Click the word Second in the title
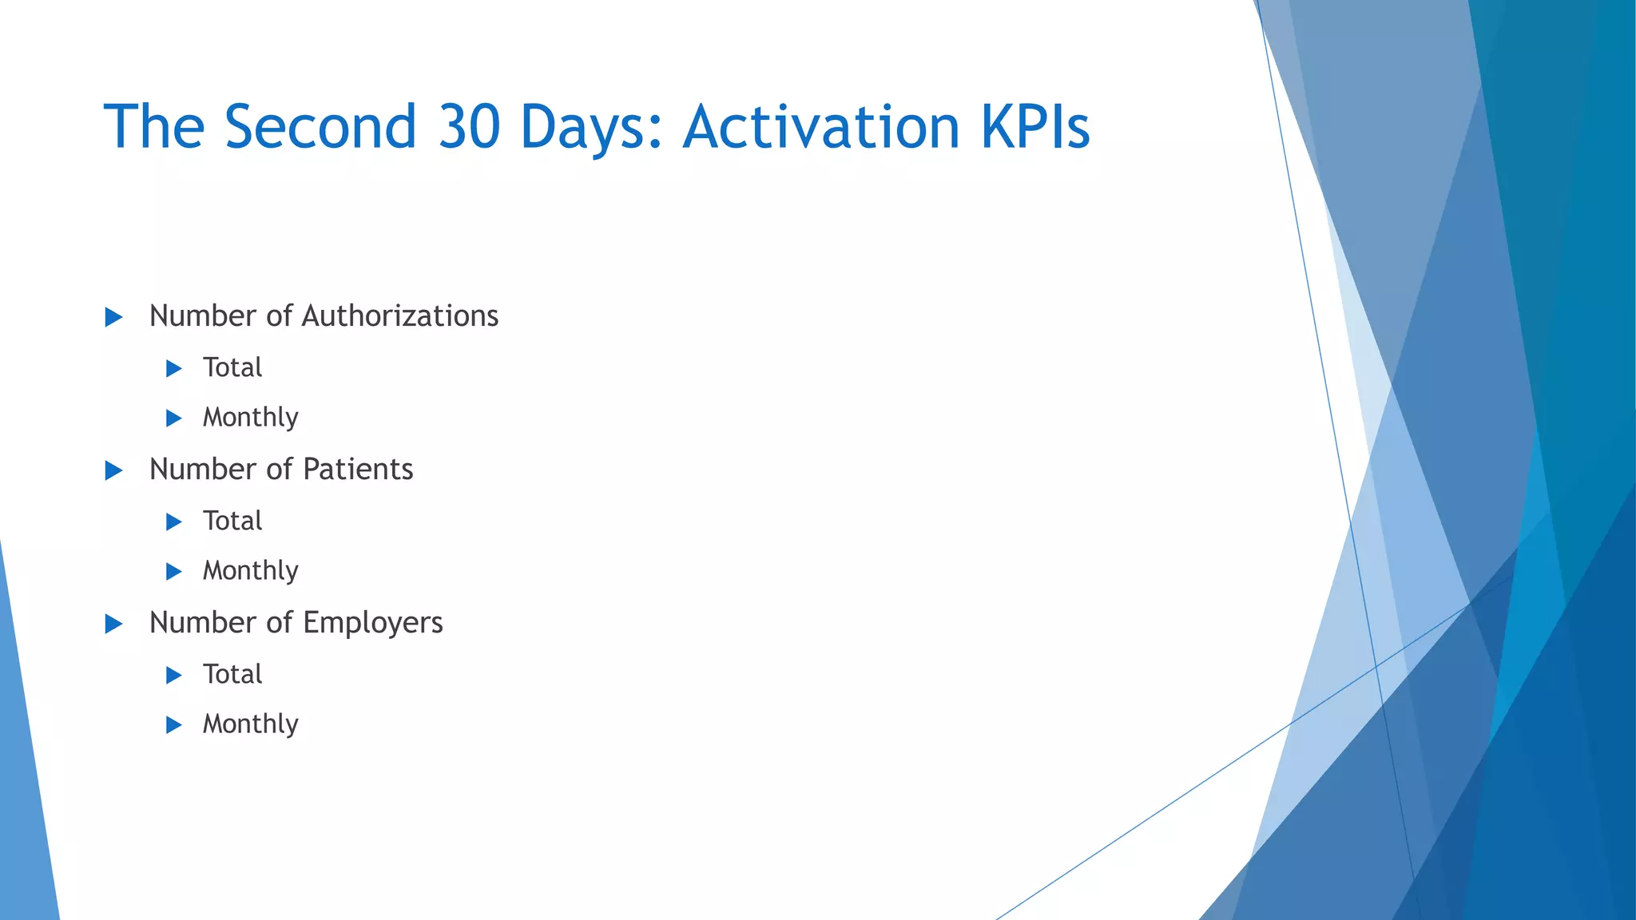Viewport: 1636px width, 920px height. click(x=320, y=127)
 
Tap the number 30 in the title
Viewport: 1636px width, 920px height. click(x=470, y=127)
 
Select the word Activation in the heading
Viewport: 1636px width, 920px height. click(x=821, y=127)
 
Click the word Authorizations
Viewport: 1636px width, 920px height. click(x=399, y=316)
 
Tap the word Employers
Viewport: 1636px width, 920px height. click(x=372, y=624)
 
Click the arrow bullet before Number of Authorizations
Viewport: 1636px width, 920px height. click(x=114, y=318)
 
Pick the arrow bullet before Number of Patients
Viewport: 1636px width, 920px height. click(x=114, y=471)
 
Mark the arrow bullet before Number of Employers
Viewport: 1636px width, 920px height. click(x=114, y=625)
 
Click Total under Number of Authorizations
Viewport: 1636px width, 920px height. click(x=232, y=367)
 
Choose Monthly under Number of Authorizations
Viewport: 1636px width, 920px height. click(x=250, y=418)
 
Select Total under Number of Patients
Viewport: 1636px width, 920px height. click(x=232, y=521)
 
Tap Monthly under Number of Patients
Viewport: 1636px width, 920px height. click(x=250, y=571)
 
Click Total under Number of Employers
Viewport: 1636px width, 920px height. click(x=232, y=674)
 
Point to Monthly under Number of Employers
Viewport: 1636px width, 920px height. click(x=250, y=724)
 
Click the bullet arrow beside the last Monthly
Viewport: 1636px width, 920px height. click(x=174, y=725)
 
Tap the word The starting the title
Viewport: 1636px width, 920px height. click(x=154, y=127)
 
